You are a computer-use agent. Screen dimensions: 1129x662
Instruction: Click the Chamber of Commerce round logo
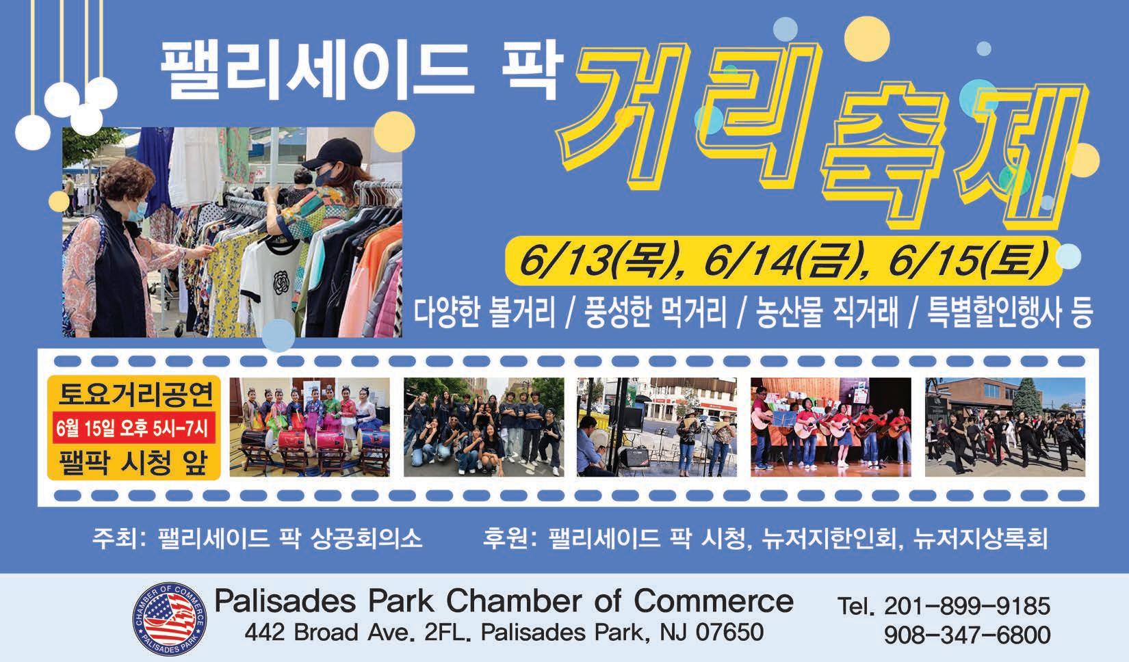point(170,619)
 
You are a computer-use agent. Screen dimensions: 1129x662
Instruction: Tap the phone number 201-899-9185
point(967,606)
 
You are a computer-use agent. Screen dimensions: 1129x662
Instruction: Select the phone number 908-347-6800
point(967,635)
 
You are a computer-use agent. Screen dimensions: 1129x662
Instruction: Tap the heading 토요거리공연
point(135,394)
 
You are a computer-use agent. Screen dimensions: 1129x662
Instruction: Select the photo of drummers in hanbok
point(309,427)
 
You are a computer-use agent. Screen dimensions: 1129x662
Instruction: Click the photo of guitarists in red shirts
point(831,427)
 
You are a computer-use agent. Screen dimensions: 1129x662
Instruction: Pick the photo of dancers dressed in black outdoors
point(1004,427)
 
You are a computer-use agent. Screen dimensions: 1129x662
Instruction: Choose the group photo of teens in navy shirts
point(483,427)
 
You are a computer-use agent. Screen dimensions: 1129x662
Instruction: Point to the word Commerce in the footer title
point(713,601)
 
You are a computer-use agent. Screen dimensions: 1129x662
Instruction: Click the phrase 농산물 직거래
point(827,313)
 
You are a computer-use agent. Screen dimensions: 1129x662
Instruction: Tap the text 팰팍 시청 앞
point(133,462)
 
